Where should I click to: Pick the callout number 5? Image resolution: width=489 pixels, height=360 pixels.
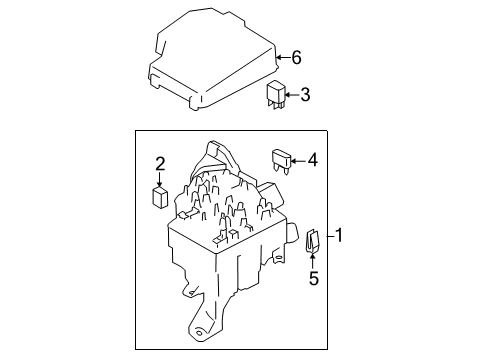pyautogui.click(x=312, y=279)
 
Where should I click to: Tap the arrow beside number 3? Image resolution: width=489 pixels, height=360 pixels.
pyautogui.click(x=289, y=96)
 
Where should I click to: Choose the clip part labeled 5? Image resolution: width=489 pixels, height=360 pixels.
pyautogui.click(x=312, y=242)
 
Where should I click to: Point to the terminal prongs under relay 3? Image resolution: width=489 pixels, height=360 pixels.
pyautogui.click(x=275, y=105)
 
